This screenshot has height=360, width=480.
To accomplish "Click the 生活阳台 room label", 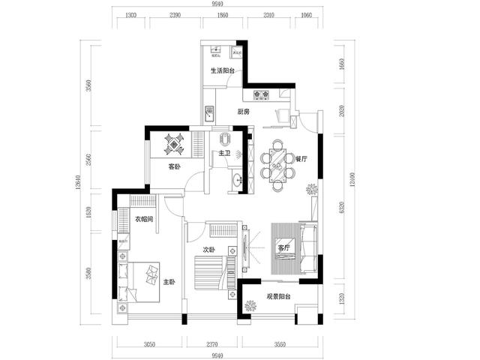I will coord(223,71).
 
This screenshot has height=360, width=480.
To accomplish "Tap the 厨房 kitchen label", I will coord(243,112).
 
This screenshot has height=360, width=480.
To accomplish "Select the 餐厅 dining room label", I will coord(301,159).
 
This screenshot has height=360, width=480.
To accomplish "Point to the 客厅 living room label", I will coord(284,247).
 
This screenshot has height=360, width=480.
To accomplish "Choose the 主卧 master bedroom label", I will coord(169,282).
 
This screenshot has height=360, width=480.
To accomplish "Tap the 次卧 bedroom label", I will coord(208,250).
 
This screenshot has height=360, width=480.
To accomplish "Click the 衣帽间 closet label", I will coord(144,220).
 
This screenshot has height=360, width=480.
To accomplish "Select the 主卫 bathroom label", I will coord(223,154).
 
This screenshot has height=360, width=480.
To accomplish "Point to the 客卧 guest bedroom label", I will coord(174,166).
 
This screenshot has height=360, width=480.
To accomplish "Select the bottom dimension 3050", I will coord(148,345).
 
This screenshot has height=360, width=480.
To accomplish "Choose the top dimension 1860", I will coord(219,14).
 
